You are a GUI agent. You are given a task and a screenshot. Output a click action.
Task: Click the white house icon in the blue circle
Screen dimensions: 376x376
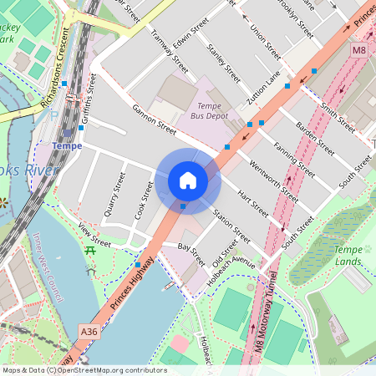tap(188, 180)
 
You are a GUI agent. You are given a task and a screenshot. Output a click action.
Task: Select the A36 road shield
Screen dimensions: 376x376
tap(90, 332)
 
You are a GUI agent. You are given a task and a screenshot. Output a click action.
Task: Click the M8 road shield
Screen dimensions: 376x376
tap(358, 51)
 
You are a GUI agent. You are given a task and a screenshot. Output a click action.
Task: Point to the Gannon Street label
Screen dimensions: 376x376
tap(154, 119)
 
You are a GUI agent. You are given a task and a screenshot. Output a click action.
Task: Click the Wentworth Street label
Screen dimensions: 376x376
tap(278, 183)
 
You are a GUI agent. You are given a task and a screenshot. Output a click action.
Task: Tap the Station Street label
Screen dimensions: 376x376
tap(231, 225)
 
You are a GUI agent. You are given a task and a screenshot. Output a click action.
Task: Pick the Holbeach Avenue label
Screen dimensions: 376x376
tap(232, 262)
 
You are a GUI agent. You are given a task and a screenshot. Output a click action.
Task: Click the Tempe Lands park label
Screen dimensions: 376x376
tap(348, 256)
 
